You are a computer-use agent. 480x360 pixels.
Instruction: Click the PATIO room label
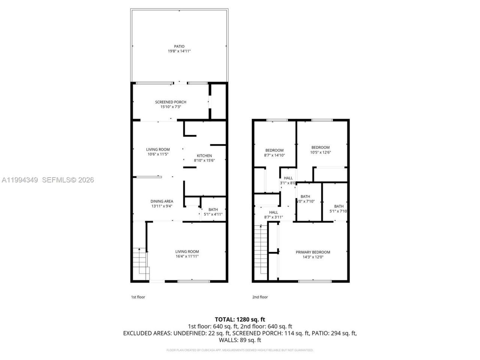point(179,46)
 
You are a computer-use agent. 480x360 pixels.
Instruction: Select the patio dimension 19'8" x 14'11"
point(179,51)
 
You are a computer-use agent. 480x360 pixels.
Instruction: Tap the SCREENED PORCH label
point(171,102)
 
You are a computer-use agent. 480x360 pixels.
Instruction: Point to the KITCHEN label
point(204,156)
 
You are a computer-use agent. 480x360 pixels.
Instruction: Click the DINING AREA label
point(162,201)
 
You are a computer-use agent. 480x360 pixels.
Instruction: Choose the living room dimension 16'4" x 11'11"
point(187,256)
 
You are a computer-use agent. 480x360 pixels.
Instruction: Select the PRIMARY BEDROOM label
point(313,252)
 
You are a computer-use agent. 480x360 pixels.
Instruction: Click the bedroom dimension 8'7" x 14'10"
point(274,155)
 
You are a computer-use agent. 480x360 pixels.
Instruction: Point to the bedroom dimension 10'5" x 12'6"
point(320,152)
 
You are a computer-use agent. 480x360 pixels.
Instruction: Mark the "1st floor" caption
point(138,297)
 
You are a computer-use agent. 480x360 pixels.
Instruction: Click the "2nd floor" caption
point(260,297)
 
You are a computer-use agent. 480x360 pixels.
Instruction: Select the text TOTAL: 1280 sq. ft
point(240,319)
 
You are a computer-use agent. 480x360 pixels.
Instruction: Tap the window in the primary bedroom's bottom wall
point(315,281)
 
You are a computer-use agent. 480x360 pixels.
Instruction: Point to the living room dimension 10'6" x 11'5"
point(158,151)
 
